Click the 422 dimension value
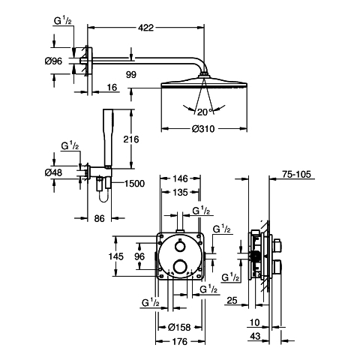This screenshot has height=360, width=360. pos(145,28)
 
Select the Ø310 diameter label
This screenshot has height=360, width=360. pos(203,129)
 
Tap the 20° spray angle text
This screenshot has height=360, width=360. pos(205,112)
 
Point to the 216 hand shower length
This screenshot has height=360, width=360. pos(131,139)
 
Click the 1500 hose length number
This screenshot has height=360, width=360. pos(134,184)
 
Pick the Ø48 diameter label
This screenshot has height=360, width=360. pos(53,172)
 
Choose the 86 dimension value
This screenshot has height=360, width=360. pos(99,218)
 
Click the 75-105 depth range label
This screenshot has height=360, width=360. pos(296,174)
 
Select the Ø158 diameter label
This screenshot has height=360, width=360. pos(179,327)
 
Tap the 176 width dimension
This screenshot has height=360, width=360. pos(180,341)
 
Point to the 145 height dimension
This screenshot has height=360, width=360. pos(116,256)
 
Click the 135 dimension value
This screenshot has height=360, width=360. pos(180,192)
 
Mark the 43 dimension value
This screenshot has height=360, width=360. pos(255,336)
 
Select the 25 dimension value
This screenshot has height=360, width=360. pos(232,300)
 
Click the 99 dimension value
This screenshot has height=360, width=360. pos(131,74)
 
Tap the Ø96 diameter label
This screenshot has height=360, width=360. pos(53,61)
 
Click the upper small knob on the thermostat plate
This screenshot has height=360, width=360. pos(179,246)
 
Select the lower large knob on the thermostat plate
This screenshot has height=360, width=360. pos(180,266)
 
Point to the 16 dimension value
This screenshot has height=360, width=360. pos(112,87)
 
